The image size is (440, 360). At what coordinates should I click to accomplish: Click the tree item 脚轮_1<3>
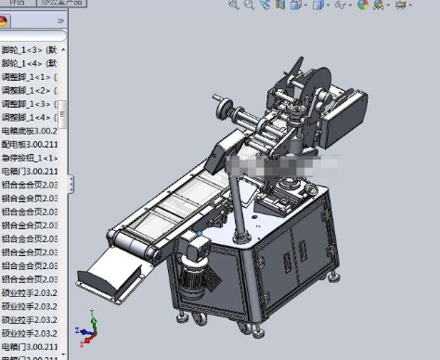click(x=32, y=50)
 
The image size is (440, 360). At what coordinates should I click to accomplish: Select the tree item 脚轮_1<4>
click(x=32, y=63)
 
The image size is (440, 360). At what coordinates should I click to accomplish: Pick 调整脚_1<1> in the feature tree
click(x=32, y=77)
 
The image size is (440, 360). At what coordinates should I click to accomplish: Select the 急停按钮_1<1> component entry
click(x=32, y=158)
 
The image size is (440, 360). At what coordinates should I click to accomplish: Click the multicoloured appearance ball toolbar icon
click(x=362, y=6)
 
